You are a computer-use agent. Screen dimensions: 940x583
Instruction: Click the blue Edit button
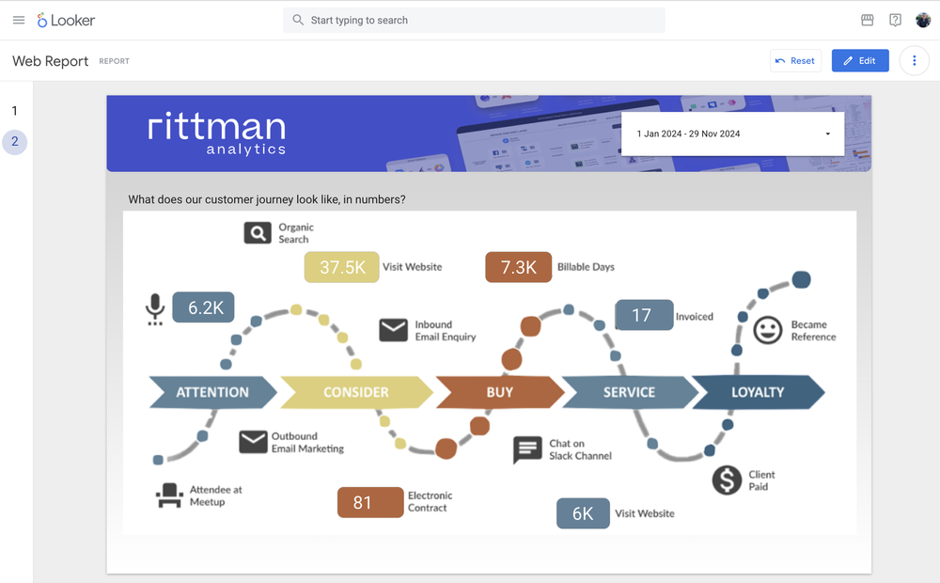pos(860,61)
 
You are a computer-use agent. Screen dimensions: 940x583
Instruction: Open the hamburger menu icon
pos(19,20)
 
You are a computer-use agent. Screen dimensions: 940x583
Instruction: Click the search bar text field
pos(474,20)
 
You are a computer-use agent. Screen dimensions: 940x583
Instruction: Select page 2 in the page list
pos(14,142)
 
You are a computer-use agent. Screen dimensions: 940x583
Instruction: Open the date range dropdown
pos(732,134)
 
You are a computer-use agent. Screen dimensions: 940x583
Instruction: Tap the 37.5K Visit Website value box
pos(341,267)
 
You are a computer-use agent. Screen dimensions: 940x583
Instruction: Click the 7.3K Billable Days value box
pos(518,267)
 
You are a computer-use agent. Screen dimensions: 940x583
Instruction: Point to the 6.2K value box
pos(203,307)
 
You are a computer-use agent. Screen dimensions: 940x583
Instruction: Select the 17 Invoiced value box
pos(643,316)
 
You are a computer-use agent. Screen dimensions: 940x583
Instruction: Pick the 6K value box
pos(583,513)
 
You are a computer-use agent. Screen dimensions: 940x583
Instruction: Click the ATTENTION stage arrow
pos(212,392)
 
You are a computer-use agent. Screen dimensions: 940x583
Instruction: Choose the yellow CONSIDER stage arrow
pos(355,392)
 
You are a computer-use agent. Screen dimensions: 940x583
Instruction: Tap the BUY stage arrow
pos(499,392)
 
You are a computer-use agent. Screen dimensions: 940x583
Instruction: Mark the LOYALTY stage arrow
pos(758,392)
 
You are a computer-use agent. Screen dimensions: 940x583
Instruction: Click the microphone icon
pos(155,309)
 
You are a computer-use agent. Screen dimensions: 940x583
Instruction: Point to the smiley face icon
pos(768,330)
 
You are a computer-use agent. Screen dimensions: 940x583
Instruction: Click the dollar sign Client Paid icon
pos(727,480)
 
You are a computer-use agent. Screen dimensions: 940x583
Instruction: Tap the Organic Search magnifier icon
pos(258,233)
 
